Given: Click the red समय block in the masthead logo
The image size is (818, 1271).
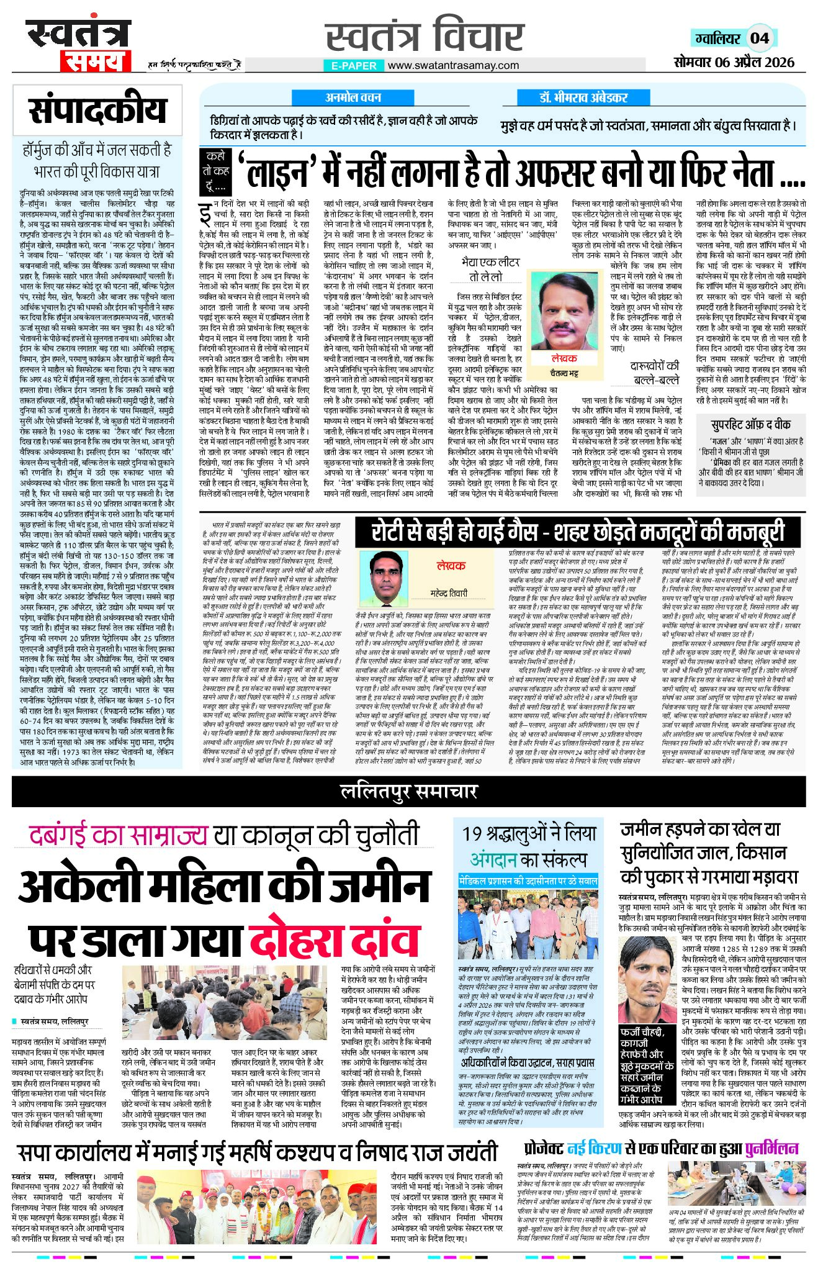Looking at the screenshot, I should [95, 60].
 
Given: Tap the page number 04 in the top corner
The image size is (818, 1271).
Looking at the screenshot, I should [760, 38].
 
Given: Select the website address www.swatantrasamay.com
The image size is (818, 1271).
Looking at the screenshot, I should [452, 65].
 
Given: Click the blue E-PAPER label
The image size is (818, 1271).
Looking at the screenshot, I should [353, 65].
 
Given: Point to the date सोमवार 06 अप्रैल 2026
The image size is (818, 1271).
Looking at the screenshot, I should [734, 62].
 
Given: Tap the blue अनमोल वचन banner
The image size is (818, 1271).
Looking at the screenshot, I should [353, 97].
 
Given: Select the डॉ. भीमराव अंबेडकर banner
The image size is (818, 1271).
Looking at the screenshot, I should [583, 97].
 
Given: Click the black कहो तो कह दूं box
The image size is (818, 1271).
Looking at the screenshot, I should [217, 171].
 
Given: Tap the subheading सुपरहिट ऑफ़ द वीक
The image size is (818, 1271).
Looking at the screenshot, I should [750, 425].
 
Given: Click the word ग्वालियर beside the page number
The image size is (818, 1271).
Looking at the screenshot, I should [718, 38].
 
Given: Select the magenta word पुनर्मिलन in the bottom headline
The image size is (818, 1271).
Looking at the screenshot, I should [771, 1147].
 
